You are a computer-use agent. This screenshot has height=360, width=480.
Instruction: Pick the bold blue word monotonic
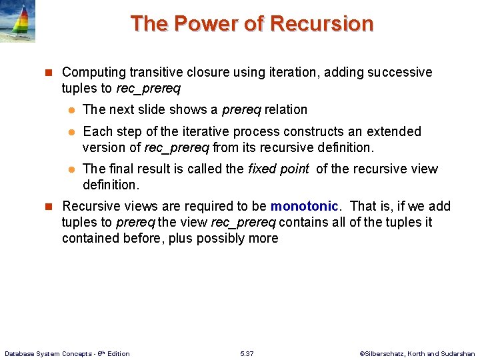click(304, 207)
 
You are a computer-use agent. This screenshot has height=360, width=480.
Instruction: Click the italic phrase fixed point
click(279, 169)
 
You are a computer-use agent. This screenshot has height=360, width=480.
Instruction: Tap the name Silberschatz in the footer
click(385, 353)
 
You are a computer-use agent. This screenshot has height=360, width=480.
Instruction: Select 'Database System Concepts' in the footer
click(43, 353)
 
